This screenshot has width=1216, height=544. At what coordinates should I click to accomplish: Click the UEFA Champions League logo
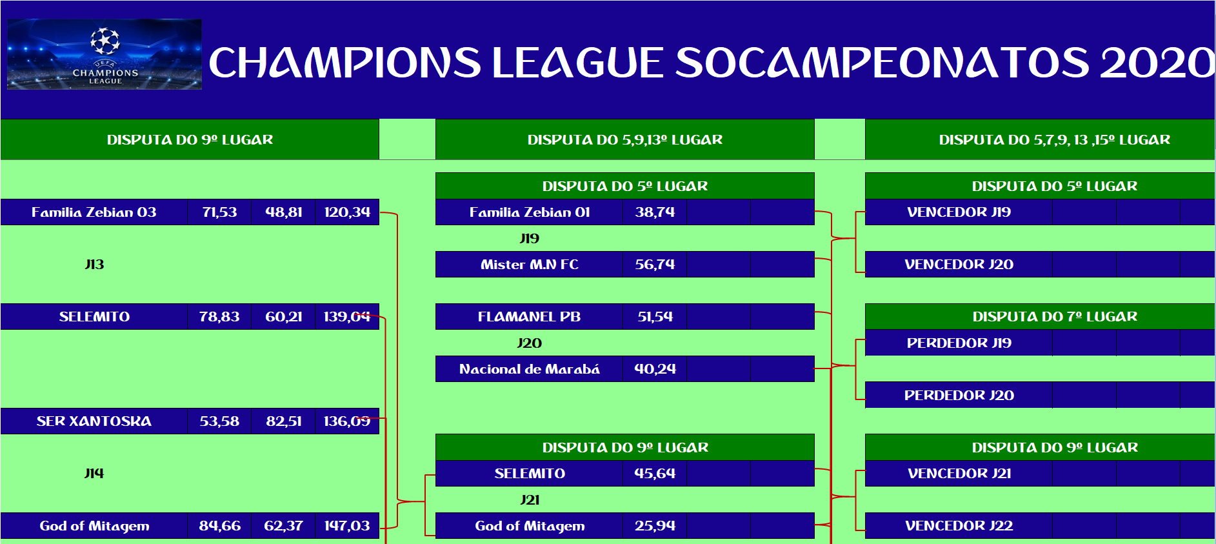105,54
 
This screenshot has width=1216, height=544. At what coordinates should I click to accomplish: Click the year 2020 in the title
1157,63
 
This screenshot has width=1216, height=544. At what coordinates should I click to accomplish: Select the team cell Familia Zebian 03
94,212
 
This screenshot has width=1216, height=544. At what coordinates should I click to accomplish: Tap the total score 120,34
347,212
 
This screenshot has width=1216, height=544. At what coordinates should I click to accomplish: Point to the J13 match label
94,265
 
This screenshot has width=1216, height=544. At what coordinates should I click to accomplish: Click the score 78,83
219,317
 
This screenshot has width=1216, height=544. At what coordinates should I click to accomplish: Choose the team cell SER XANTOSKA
94,421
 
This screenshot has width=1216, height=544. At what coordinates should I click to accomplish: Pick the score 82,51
284,421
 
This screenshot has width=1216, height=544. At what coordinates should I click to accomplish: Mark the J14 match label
94,474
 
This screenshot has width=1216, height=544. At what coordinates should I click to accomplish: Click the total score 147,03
347,526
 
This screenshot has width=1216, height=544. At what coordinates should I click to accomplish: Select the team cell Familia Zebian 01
530,212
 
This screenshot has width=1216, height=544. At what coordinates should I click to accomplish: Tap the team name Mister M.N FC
530,265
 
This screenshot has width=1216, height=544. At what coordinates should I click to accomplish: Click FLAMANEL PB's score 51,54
655,317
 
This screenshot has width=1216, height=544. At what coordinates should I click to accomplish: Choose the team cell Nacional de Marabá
530,369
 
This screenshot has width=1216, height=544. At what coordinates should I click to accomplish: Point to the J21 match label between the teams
530,500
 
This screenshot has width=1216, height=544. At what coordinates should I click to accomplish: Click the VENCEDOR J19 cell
959,212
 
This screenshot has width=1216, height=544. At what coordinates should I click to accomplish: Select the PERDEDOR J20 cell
959,395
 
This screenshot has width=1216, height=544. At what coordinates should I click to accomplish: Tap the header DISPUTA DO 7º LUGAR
1055,317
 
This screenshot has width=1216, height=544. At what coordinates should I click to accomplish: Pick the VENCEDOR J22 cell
959,526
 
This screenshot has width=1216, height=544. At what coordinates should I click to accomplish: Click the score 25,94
655,526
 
